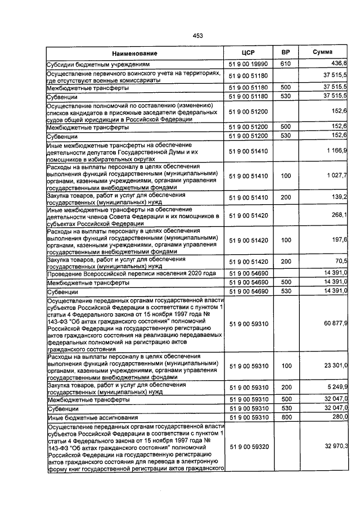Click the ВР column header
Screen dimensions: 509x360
[x=285, y=52]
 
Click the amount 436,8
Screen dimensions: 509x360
[x=339, y=65]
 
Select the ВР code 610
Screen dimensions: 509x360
[x=285, y=65]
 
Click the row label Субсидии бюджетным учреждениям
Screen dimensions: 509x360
[x=98, y=65]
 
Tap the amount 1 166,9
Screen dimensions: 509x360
[x=336, y=151]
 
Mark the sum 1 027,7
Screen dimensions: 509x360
[x=336, y=176]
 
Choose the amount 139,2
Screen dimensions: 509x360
[x=339, y=197]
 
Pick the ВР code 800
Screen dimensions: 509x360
[x=285, y=418]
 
